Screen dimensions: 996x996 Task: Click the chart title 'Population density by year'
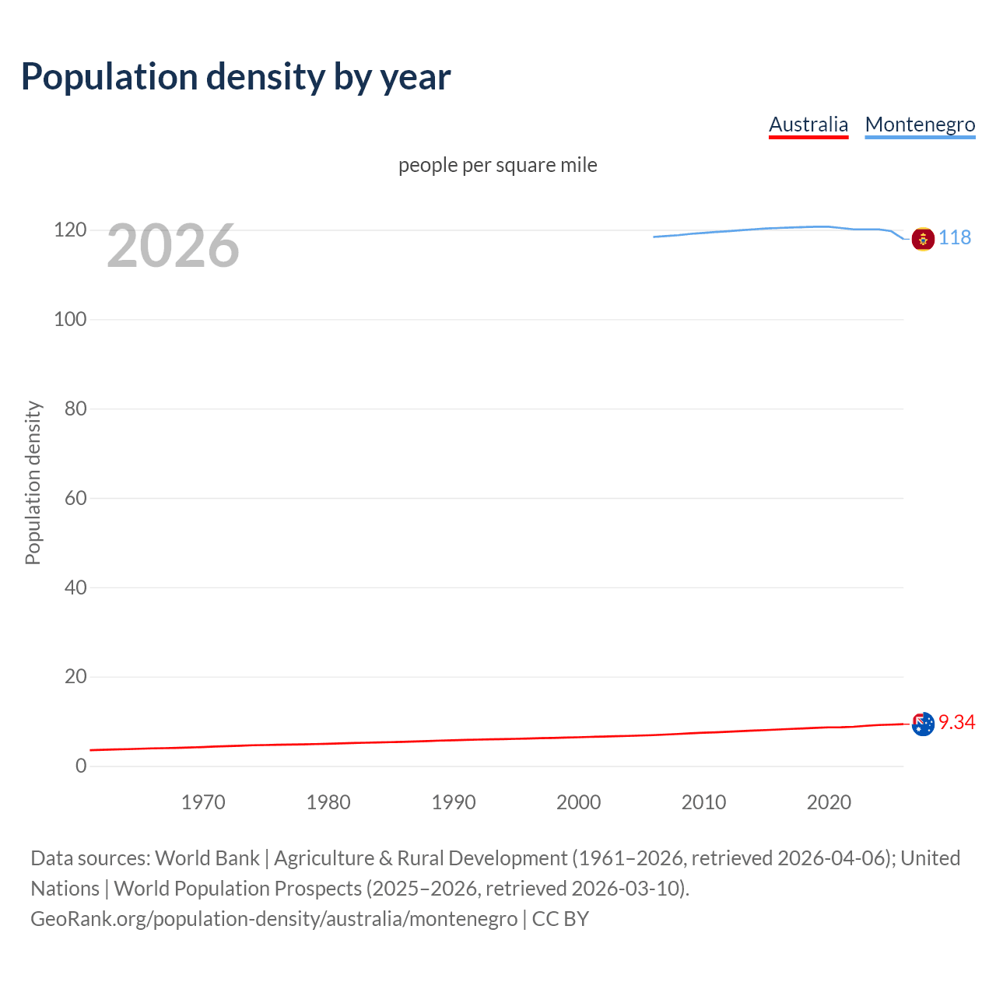click(236, 77)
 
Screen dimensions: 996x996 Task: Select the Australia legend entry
click(808, 124)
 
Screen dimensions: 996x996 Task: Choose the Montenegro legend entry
click(920, 124)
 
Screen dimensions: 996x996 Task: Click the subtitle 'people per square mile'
click(497, 165)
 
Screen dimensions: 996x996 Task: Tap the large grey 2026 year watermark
click(173, 246)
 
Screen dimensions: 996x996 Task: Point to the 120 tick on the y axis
click(70, 230)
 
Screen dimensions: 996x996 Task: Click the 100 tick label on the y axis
click(70, 319)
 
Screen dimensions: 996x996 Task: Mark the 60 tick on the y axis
click(75, 498)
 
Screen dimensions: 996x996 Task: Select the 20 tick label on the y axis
click(75, 676)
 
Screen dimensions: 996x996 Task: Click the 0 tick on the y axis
click(81, 766)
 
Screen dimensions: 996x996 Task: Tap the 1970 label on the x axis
click(203, 802)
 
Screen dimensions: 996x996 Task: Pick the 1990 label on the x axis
click(454, 802)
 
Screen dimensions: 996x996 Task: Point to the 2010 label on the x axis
click(703, 802)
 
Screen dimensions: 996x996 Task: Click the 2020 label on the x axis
click(829, 802)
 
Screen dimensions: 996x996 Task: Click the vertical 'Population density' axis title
click(33, 482)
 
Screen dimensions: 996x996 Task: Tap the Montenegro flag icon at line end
click(923, 239)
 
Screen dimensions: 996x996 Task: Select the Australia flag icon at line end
click(923, 724)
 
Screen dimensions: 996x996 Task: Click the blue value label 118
click(955, 237)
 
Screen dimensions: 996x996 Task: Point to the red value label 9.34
click(956, 722)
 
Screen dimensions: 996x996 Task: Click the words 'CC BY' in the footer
click(560, 919)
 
